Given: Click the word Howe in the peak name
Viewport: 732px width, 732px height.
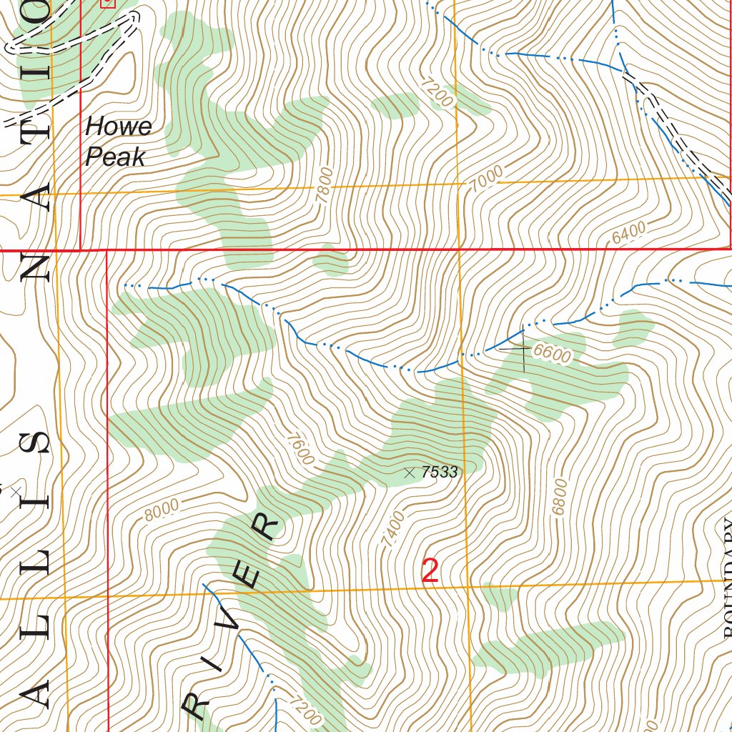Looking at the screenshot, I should pos(119,127).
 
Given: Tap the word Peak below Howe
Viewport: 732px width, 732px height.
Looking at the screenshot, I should pos(115,157).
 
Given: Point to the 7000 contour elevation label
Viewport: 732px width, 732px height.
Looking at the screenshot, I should pos(487,179).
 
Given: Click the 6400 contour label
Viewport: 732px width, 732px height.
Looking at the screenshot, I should pos(629,232).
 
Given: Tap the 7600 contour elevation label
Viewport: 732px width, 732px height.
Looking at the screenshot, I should pos(299,447).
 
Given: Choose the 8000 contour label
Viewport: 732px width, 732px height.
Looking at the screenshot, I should pos(162,510).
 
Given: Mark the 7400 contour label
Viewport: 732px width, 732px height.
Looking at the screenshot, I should pos(393,530).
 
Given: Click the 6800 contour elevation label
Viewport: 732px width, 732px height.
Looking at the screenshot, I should pos(560,498).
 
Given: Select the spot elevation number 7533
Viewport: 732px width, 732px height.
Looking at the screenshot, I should pos(439,472).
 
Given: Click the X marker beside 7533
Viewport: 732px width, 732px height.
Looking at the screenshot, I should pos(410,472).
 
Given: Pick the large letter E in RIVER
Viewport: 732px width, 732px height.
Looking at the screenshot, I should pos(247,575).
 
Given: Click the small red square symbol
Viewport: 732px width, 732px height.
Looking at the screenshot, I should pos(108,3).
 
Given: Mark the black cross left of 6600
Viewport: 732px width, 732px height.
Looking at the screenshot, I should pos(523,349).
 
